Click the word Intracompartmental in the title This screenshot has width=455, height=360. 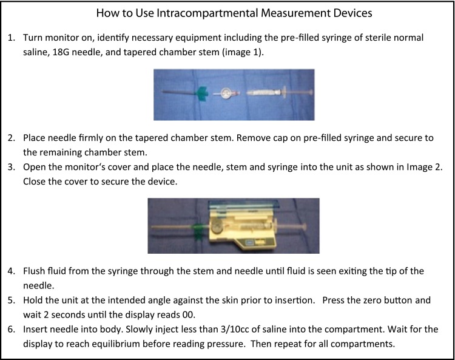pyautogui.click(x=207, y=13)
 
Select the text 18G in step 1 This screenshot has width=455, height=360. pyautogui.click(x=61, y=52)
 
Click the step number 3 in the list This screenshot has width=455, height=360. pyautogui.click(x=11, y=167)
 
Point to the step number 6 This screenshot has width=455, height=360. pyautogui.click(x=11, y=330)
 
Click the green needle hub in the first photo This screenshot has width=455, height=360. pyautogui.click(x=201, y=93)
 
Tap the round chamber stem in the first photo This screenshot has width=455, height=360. pyautogui.click(x=226, y=93)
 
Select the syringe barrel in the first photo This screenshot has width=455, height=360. pyautogui.click(x=263, y=93)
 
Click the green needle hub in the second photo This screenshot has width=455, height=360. pyautogui.click(x=198, y=231)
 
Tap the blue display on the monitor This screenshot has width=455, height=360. pyautogui.click(x=249, y=242)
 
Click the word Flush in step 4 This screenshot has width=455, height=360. pyautogui.click(x=33, y=271)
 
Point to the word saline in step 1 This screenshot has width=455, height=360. pyautogui.click(x=36, y=52)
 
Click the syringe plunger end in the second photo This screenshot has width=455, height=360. pyautogui.click(x=305, y=226)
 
